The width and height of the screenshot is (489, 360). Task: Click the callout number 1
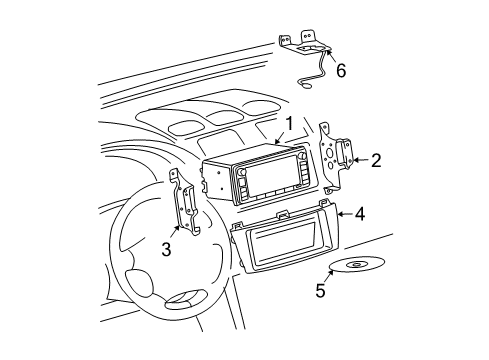(287, 125)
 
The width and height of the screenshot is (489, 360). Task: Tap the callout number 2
(376, 159)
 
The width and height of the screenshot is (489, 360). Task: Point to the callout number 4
(360, 213)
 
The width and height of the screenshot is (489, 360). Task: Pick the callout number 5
(320, 291)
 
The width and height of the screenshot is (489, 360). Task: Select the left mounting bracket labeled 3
(187, 207)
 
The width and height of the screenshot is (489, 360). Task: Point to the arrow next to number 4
(342, 212)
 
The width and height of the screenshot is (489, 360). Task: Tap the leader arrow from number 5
(330, 278)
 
